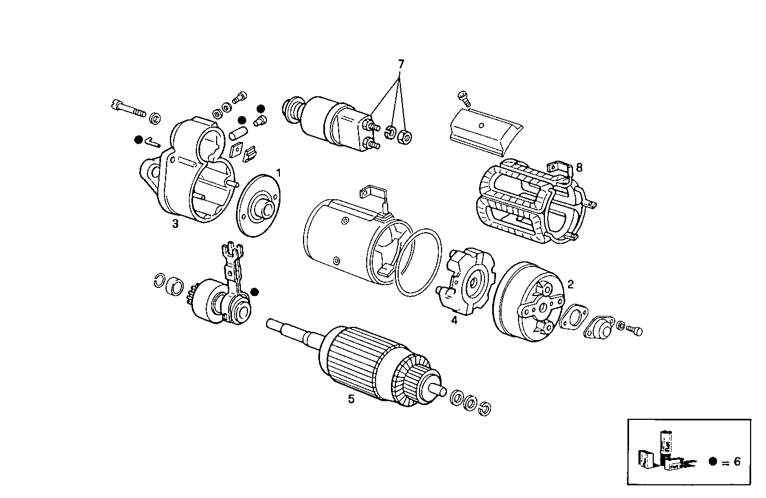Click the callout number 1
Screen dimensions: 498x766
278,173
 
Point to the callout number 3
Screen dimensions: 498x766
175,223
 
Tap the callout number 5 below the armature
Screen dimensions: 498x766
351,400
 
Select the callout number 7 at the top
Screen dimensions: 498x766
401,64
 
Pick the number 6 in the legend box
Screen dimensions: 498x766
737,462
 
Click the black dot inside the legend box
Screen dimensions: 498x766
713,462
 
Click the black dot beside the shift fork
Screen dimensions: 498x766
254,292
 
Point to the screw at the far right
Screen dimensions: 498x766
636,330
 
